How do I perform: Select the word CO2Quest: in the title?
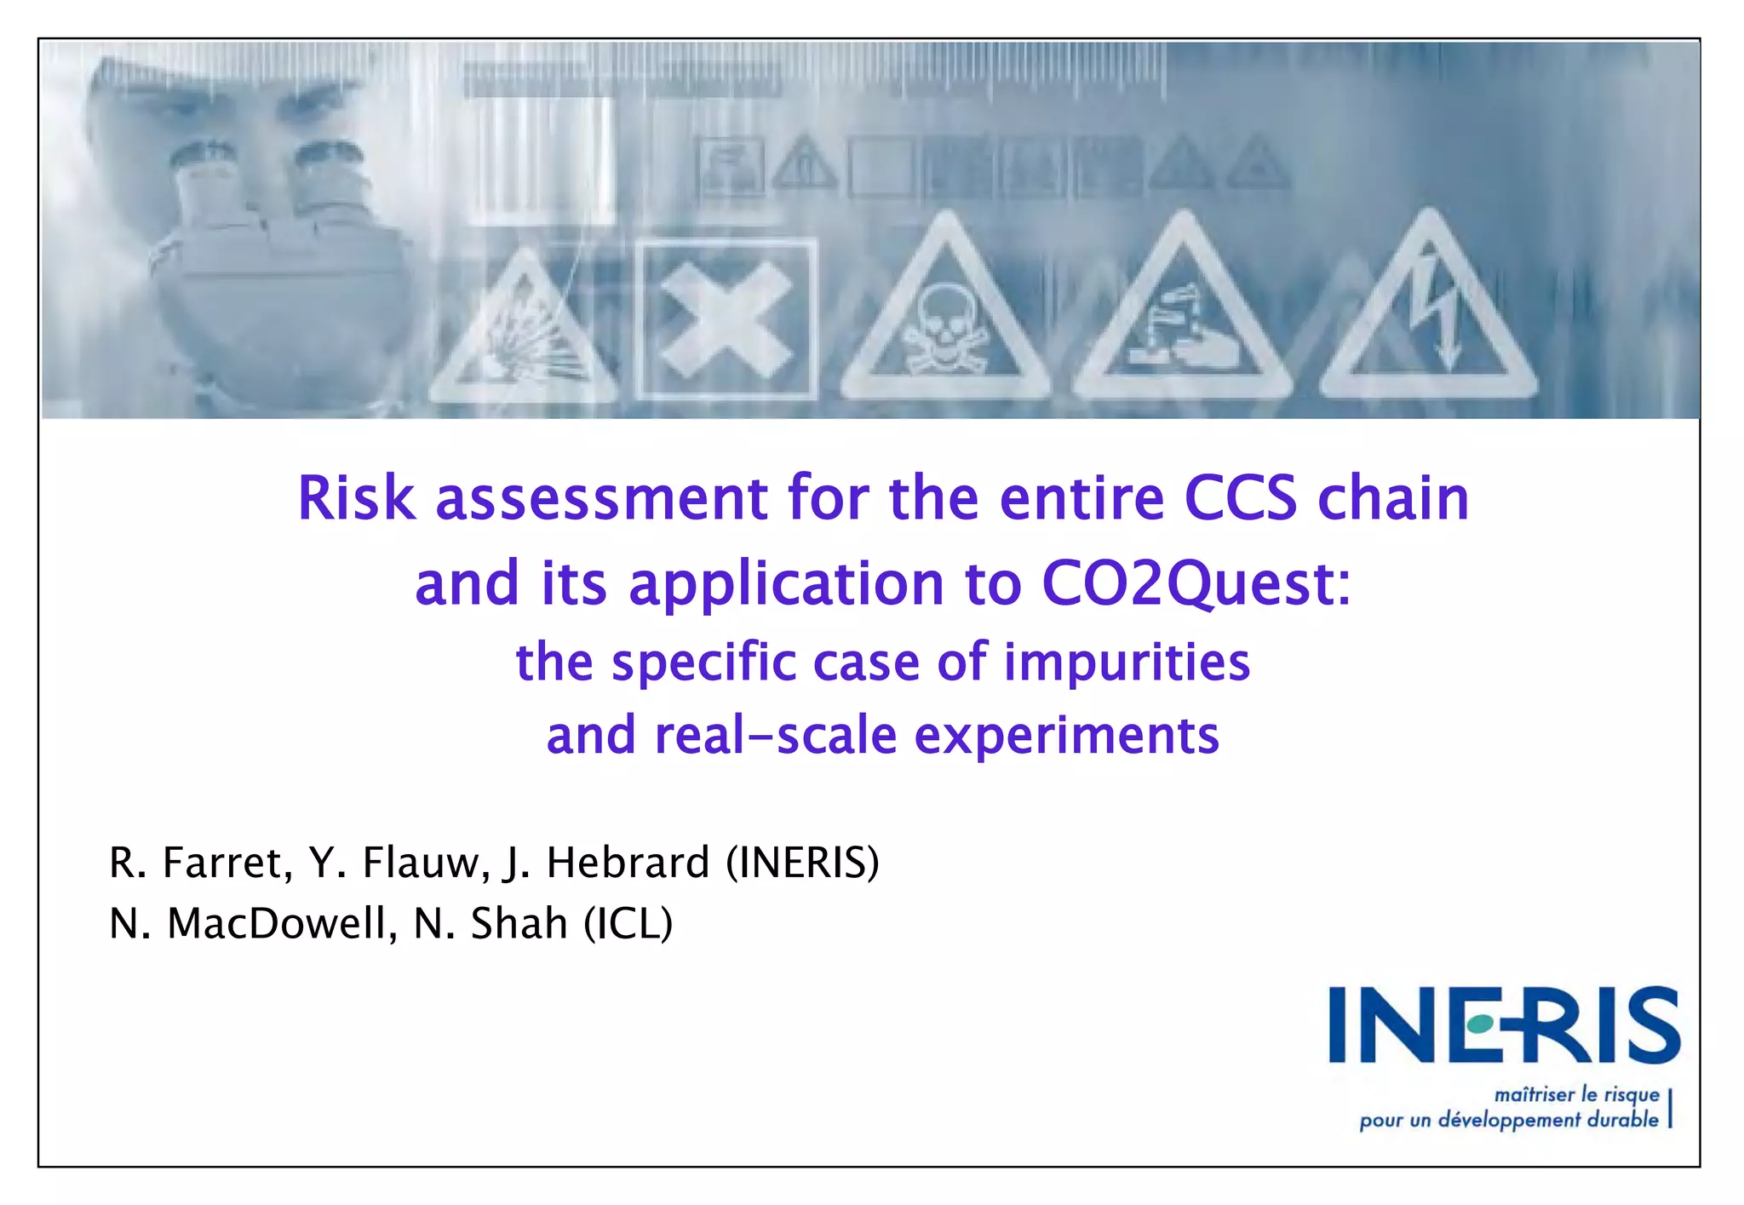pos(1196,584)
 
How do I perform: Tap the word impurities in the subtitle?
pos(1127,663)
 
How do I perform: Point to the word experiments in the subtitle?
pos(1066,736)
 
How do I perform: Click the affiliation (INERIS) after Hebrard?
pos(802,863)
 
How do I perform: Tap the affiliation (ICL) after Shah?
pos(628,924)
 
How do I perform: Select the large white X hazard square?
pos(726,319)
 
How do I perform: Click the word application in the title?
pos(787,584)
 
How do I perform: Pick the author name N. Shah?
pos(490,924)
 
